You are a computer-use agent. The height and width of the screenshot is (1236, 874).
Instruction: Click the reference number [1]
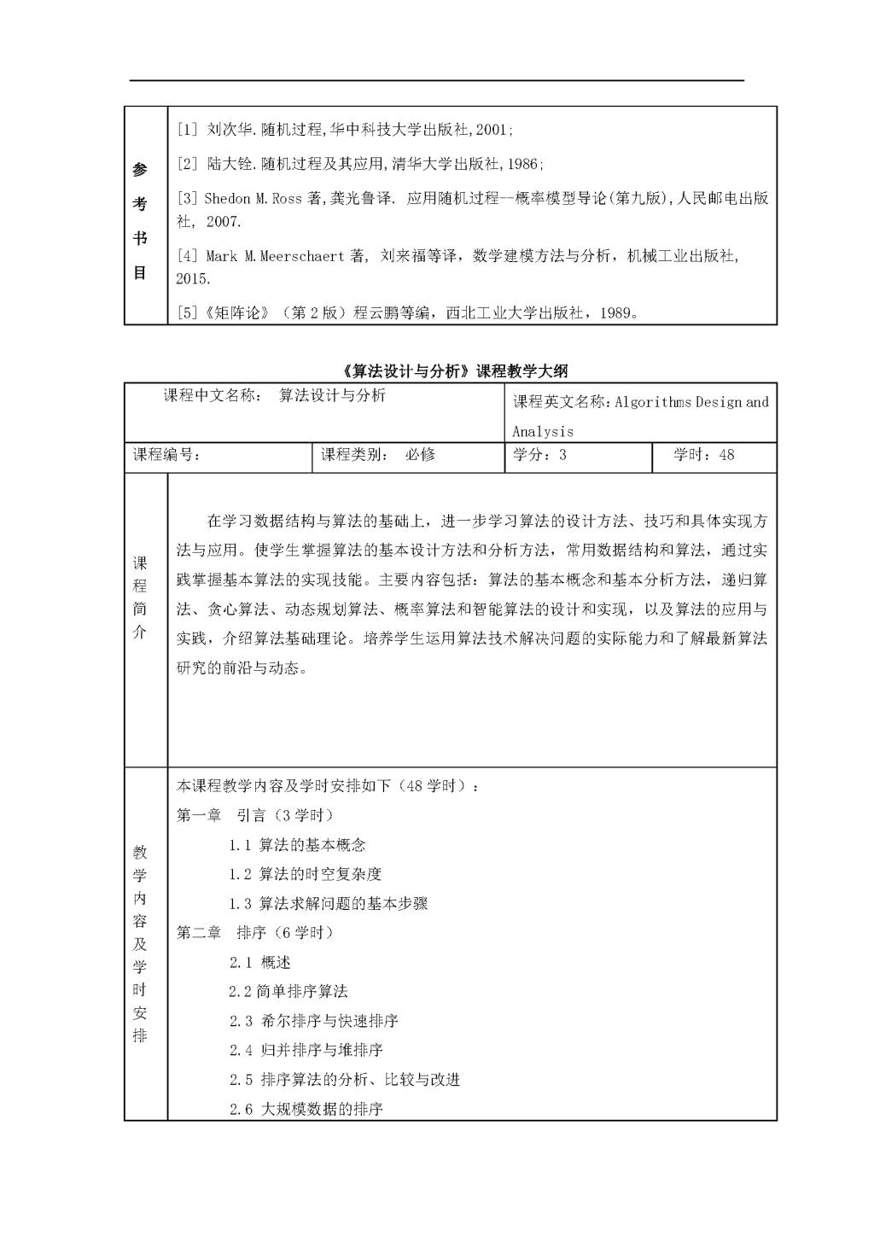pos(187,130)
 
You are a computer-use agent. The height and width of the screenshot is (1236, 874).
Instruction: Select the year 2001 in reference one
pos(492,130)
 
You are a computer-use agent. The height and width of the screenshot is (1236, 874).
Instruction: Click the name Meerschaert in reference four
pos(300,255)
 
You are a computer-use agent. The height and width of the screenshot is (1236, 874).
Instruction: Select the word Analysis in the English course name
pos(543,431)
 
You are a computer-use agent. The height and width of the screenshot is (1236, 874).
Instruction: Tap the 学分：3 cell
pos(539,455)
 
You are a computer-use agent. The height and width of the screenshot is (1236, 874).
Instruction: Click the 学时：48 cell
pos(703,455)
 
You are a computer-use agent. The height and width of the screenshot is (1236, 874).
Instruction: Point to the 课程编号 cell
pos(166,455)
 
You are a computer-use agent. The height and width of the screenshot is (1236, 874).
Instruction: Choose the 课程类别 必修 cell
pos(377,455)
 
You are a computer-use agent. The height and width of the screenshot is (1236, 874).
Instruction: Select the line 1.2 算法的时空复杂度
pos(305,874)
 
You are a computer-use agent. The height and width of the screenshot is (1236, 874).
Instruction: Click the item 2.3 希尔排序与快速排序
pos(313,1021)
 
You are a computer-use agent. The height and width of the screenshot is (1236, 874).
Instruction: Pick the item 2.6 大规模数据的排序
pos(306,1109)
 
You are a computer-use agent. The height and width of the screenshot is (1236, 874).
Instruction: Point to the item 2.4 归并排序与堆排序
pos(306,1050)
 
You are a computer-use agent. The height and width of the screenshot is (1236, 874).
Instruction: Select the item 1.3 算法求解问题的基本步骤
pos(328,903)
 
